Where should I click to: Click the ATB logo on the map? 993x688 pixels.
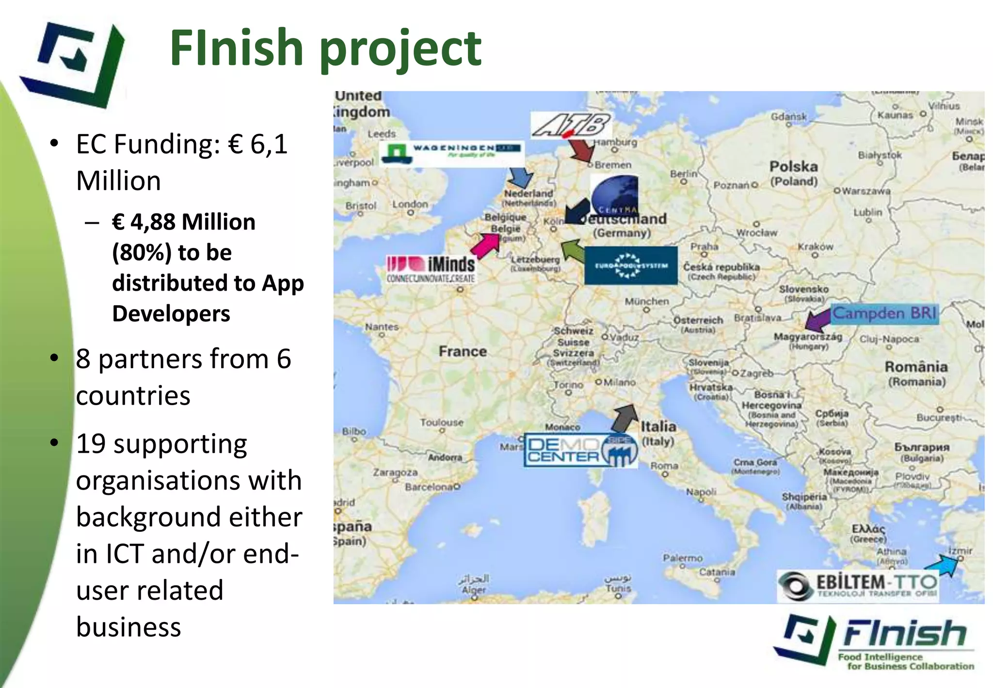pos(571,126)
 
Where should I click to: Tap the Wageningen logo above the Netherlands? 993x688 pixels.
pos(451,152)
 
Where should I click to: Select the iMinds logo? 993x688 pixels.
pos(431,268)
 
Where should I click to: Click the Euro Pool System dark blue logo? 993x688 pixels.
pos(631,265)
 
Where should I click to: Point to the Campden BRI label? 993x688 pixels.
pos(885,313)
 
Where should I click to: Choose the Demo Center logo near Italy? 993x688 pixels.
pos(580,450)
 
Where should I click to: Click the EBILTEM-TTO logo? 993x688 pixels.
pos(858,585)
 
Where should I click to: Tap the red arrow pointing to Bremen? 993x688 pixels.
pos(581,149)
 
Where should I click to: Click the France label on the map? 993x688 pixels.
pos(463,351)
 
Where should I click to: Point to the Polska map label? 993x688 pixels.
pos(793,167)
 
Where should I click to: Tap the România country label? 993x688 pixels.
pos(916,367)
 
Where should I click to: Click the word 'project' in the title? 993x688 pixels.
pos(400,49)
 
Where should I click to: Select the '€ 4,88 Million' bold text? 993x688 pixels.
pos(183,222)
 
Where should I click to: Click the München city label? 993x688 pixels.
pos(646,301)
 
